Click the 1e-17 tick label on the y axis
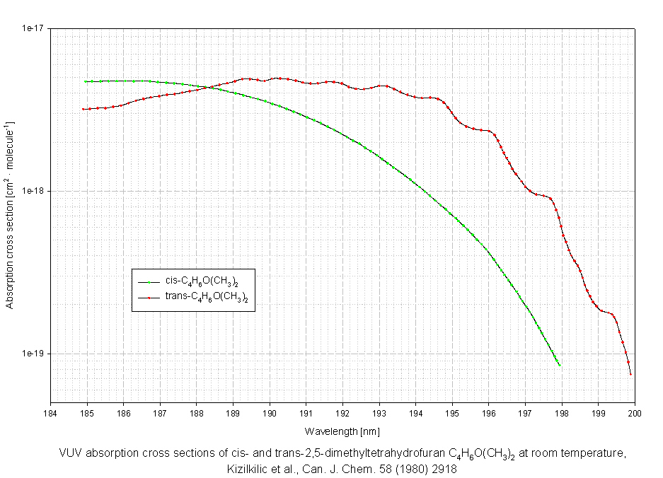35,28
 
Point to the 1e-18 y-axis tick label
35,191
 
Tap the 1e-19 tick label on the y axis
35,354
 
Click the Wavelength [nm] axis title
342,431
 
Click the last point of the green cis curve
560,365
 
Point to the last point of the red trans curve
630,374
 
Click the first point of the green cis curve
86,81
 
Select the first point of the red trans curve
83,109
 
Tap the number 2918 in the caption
444,468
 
